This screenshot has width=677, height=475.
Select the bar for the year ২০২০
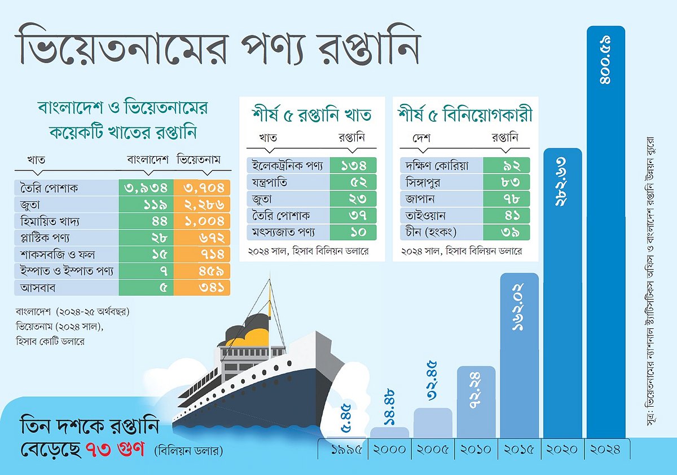pyautogui.click(x=562, y=293)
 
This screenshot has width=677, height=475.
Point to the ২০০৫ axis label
pyautogui.click(x=433, y=450)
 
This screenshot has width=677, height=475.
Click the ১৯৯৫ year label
pyautogui.click(x=346, y=450)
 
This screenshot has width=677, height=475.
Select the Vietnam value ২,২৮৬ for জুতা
pyautogui.click(x=202, y=205)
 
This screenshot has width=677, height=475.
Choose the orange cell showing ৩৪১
pyautogui.click(x=202, y=288)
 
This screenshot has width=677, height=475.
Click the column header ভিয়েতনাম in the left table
pyautogui.click(x=198, y=160)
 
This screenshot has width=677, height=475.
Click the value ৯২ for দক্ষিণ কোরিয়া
pyautogui.click(x=506, y=166)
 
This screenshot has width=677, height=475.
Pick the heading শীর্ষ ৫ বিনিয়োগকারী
pyautogui.click(x=465, y=115)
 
